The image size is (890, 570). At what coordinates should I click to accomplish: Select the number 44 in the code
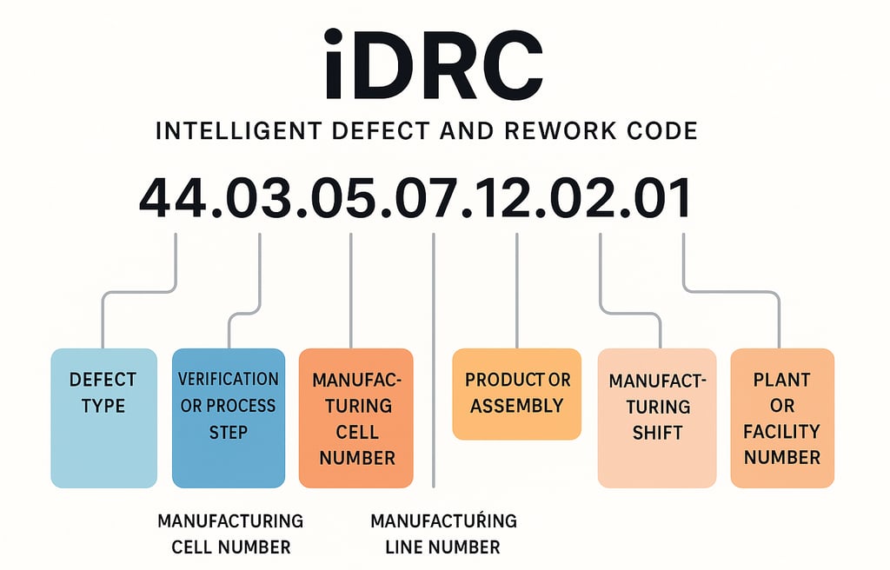click(x=174, y=198)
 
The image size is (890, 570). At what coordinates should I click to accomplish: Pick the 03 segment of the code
click(x=259, y=198)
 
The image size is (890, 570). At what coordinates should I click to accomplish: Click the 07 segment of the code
click(x=429, y=198)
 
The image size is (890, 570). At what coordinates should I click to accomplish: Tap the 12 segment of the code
click(x=513, y=198)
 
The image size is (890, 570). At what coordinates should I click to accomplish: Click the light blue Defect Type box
click(x=103, y=417)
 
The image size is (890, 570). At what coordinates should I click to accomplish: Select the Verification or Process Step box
click(x=228, y=417)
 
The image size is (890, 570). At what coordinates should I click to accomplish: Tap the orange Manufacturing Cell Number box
click(x=355, y=417)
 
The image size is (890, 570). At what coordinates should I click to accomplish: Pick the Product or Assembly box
click(x=517, y=394)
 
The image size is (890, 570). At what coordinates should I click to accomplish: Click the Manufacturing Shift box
click(x=657, y=417)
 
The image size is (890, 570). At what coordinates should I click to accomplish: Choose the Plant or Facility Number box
click(x=782, y=417)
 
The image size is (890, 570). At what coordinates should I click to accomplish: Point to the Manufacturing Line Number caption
click(x=443, y=534)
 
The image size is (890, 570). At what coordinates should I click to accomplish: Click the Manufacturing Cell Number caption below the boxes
click(x=230, y=534)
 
